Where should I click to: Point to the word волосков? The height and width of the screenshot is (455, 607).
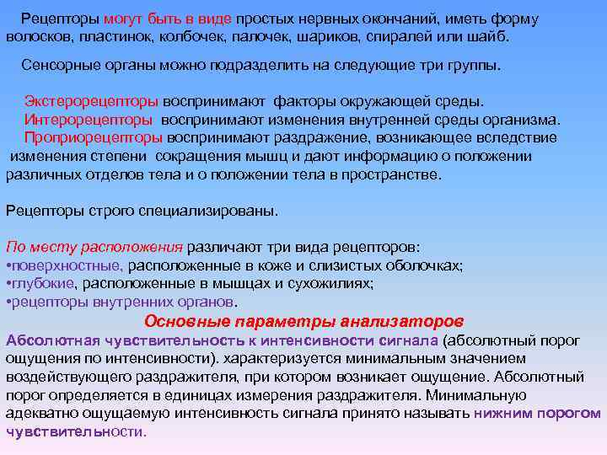tap(35, 38)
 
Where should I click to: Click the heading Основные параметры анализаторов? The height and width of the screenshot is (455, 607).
tap(303, 321)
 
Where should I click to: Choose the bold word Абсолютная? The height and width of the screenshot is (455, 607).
tap(51, 340)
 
